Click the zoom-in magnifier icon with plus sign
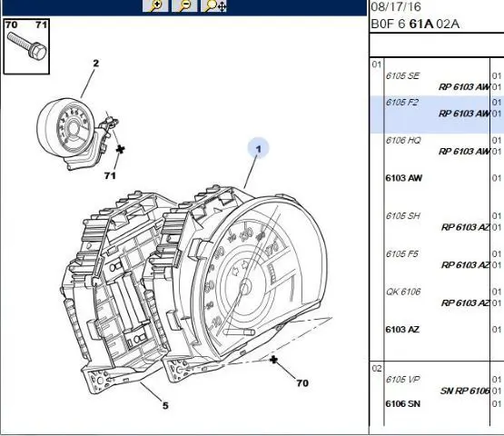155,5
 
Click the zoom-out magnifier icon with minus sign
184,5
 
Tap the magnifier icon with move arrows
213,5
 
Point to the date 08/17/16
396,6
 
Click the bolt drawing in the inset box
27,47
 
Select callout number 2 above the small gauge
95,63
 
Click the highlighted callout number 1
258,149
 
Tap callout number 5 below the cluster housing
165,405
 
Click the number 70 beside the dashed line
302,383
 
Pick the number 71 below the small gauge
110,175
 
